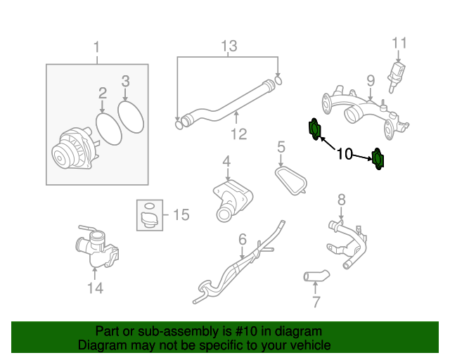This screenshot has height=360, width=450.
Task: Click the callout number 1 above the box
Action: pyautogui.click(x=97, y=48)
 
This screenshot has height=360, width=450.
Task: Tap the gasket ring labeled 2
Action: pyautogui.click(x=108, y=127)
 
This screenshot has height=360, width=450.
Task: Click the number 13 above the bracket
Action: pyautogui.click(x=229, y=46)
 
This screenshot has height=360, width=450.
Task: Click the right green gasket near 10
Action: pyautogui.click(x=378, y=159)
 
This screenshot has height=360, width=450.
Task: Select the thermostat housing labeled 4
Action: pyautogui.click(x=229, y=196)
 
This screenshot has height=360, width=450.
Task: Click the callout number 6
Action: pyautogui.click(x=242, y=239)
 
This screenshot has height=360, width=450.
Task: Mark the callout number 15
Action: pyautogui.click(x=181, y=214)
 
